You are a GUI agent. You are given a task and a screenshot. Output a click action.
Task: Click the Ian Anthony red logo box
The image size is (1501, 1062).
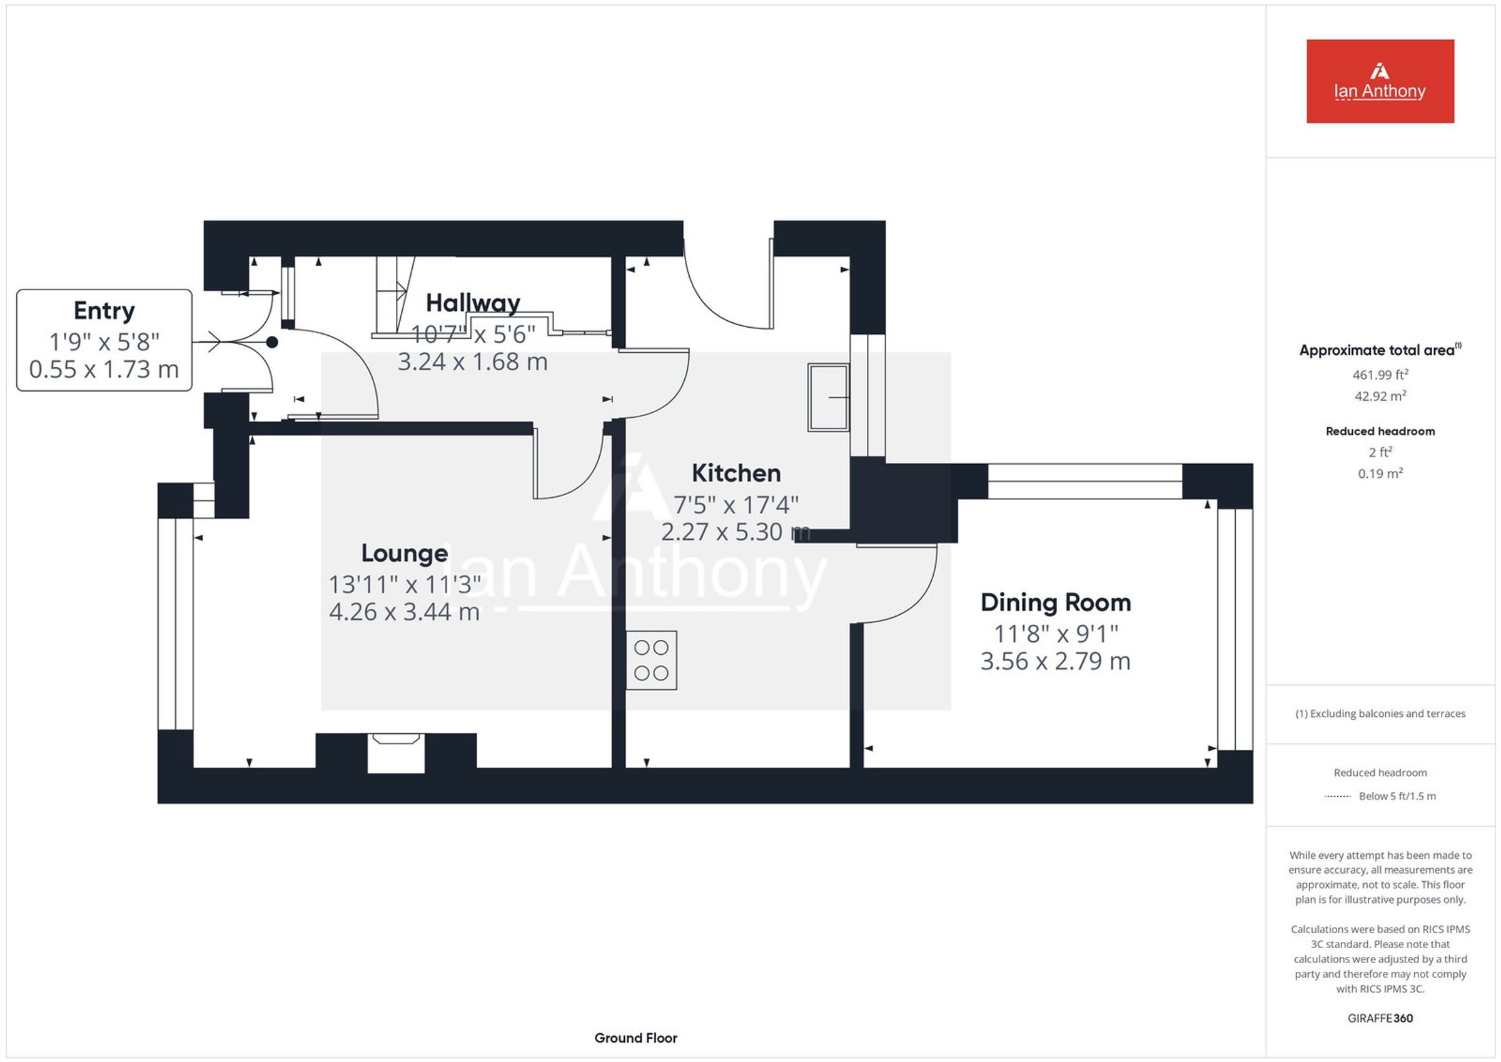(1380, 81)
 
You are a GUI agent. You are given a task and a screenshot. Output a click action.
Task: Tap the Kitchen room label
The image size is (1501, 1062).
(736, 473)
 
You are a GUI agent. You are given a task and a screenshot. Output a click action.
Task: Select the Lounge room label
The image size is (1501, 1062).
(405, 554)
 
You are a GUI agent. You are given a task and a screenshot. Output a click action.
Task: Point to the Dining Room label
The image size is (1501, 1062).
(1056, 602)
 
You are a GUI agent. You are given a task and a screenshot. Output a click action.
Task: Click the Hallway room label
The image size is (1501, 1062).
(473, 303)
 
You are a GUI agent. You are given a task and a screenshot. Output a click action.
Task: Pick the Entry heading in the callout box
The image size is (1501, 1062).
(104, 311)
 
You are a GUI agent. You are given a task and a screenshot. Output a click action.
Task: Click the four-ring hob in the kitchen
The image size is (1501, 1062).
(651, 660)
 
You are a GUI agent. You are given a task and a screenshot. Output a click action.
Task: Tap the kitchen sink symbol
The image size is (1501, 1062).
(828, 397)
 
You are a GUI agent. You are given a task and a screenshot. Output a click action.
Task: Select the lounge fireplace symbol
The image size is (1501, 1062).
(396, 752)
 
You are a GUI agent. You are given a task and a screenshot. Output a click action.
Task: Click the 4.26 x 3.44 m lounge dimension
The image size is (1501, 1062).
(404, 612)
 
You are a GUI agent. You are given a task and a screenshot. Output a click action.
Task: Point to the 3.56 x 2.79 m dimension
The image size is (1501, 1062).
(1055, 661)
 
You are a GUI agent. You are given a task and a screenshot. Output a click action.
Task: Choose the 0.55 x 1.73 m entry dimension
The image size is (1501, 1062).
(104, 370)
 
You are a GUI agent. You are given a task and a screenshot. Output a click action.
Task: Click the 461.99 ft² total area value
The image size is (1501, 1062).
(1380, 375)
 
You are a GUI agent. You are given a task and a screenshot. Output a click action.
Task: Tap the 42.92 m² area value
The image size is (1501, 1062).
(1380, 397)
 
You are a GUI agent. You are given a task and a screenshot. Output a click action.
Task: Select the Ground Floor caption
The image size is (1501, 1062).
(635, 1038)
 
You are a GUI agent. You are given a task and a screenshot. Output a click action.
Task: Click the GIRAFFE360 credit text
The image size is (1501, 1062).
(1380, 1018)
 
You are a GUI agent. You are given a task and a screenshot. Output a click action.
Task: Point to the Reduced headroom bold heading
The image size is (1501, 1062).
(1380, 432)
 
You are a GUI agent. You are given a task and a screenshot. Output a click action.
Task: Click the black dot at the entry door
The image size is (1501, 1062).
(272, 342)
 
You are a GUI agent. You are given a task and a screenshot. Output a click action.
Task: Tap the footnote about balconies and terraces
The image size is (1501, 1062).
(1380, 714)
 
